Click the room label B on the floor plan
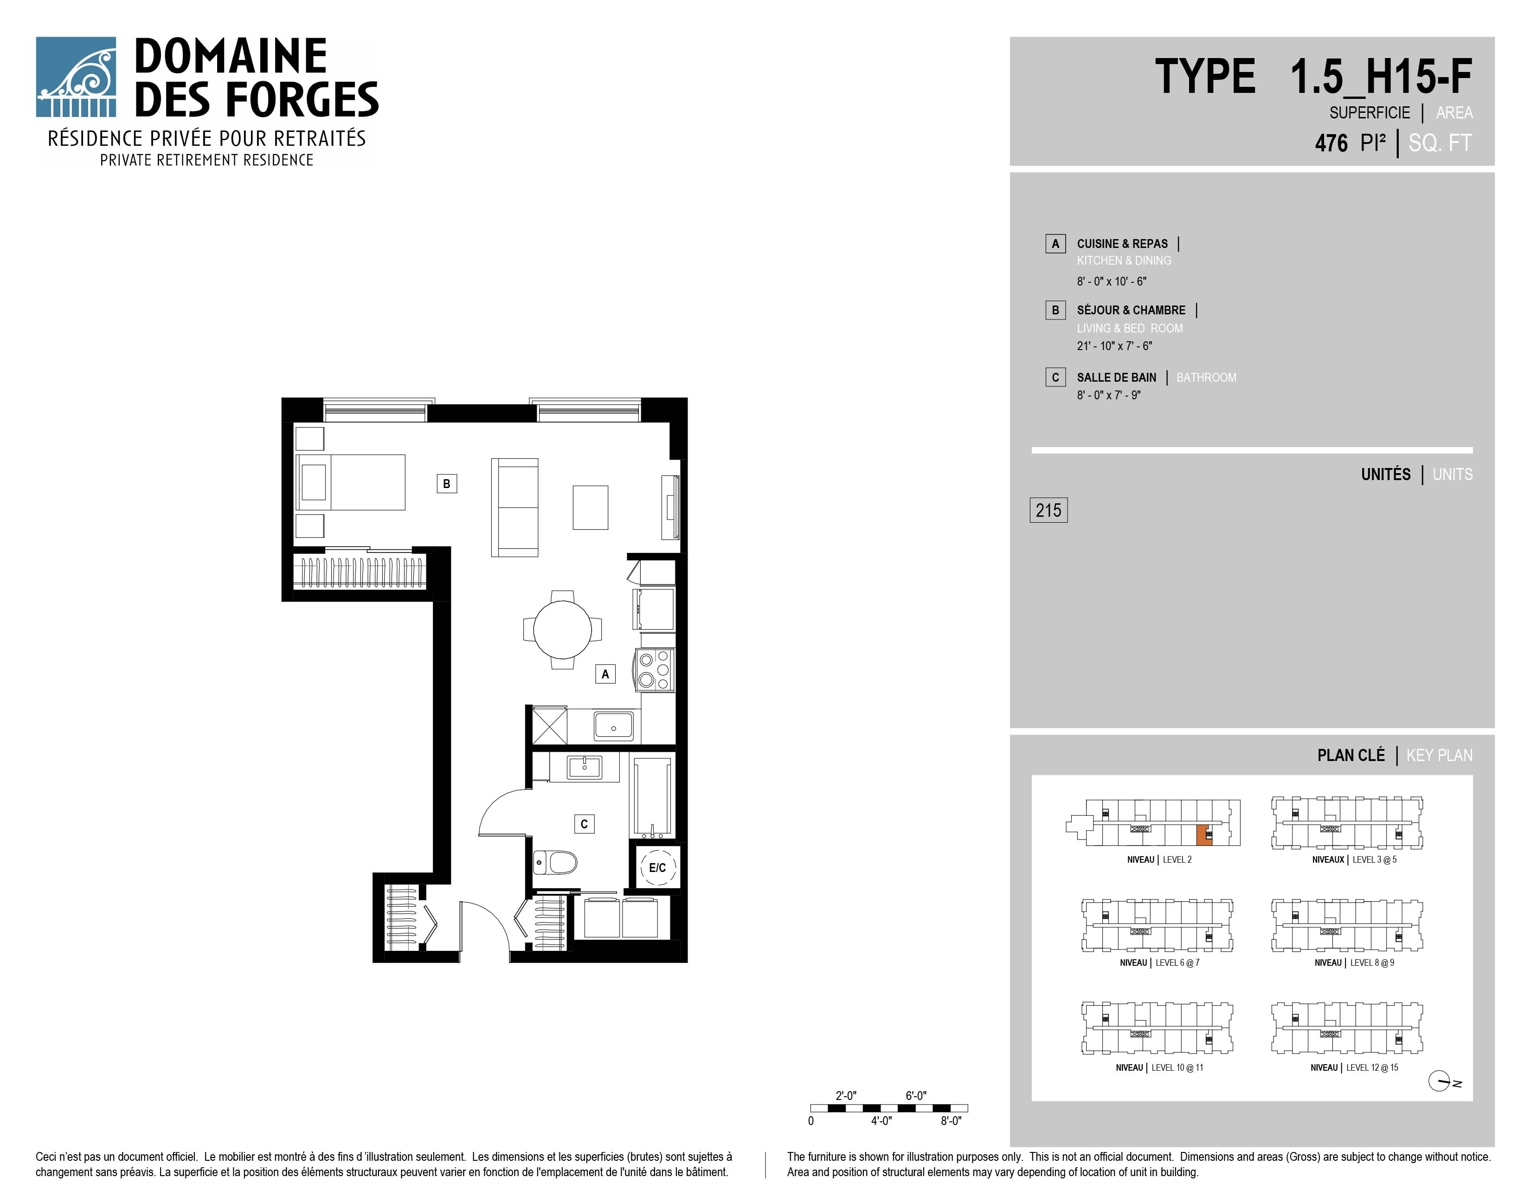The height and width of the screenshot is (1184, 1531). tap(446, 483)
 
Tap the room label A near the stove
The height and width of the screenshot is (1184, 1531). tap(605, 674)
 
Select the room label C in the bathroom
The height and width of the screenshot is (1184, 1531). tap(584, 824)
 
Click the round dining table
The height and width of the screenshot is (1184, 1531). tap(562, 629)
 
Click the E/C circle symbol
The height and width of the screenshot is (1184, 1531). tap(657, 868)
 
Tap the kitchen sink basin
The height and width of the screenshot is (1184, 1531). tap(613, 726)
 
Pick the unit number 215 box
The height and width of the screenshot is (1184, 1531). tap(1048, 510)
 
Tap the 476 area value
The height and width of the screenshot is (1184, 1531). tap(1331, 143)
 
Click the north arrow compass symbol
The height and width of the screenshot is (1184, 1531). tap(1440, 1081)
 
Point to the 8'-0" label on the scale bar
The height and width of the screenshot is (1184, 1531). tap(951, 1121)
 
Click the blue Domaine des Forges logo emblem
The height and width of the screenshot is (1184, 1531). tap(76, 77)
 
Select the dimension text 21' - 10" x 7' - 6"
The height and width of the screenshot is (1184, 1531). tap(1114, 346)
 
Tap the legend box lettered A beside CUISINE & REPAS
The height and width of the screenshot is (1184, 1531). tap(1055, 243)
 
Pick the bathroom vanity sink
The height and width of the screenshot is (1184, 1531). tap(585, 768)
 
